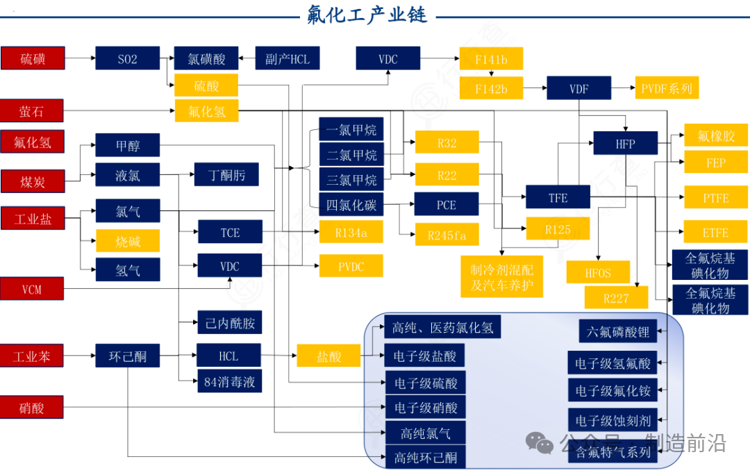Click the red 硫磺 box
click(33, 58)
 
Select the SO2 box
click(127, 59)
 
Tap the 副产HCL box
click(287, 59)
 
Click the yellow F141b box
click(491, 59)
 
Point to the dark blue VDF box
click(578, 88)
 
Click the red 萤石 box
click(33, 110)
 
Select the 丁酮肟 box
click(226, 174)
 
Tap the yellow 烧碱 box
click(128, 240)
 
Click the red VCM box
click(33, 288)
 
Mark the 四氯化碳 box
click(351, 205)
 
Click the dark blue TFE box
click(558, 197)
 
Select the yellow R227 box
click(616, 299)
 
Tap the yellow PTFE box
click(715, 197)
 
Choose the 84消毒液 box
click(229, 381)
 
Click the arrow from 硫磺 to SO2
click(80, 59)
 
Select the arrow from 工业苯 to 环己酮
click(80, 357)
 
